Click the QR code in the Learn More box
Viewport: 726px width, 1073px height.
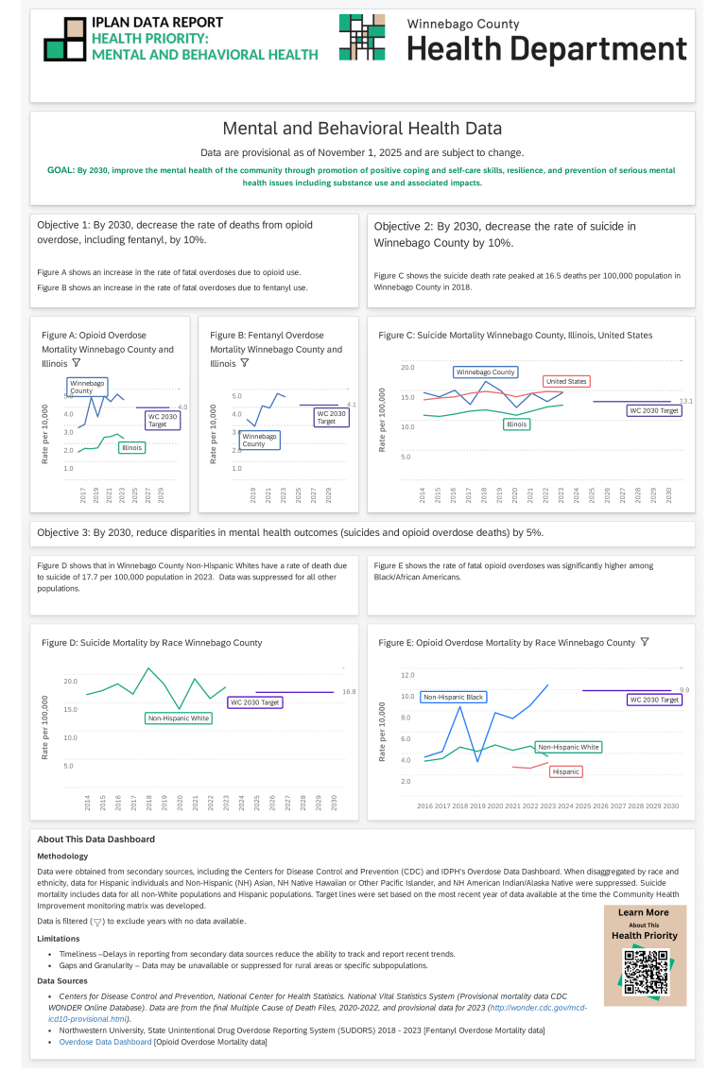pyautogui.click(x=646, y=972)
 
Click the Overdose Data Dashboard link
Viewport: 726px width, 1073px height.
pyautogui.click(x=105, y=1042)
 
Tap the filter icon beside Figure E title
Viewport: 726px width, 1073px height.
pyautogui.click(x=645, y=642)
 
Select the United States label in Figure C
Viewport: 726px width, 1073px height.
pyautogui.click(x=566, y=381)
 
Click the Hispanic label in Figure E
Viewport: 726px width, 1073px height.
pyautogui.click(x=565, y=771)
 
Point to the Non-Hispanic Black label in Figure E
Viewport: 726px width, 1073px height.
pyautogui.click(x=454, y=697)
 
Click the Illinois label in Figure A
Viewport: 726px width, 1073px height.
pyautogui.click(x=131, y=447)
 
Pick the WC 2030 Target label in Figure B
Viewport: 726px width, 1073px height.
pyautogui.click(x=326, y=418)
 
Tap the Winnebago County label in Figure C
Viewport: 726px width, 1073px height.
pyautogui.click(x=485, y=372)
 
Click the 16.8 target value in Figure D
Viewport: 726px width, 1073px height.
pyautogui.click(x=348, y=692)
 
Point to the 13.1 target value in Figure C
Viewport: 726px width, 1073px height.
pyautogui.click(x=686, y=402)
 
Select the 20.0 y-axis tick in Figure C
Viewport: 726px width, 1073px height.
pyautogui.click(x=407, y=367)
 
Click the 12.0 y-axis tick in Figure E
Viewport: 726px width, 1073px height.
pyautogui.click(x=407, y=675)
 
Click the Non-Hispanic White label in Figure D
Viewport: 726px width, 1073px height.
pyautogui.click(x=179, y=718)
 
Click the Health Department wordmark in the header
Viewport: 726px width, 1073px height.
pyautogui.click(x=546, y=48)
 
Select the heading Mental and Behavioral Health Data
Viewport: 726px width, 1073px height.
pyautogui.click(x=362, y=129)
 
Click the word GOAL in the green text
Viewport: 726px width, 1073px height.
pyautogui.click(x=60, y=170)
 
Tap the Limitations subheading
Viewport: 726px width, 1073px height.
pyautogui.click(x=58, y=938)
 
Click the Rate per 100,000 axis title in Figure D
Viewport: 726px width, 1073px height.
pyautogui.click(x=44, y=727)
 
